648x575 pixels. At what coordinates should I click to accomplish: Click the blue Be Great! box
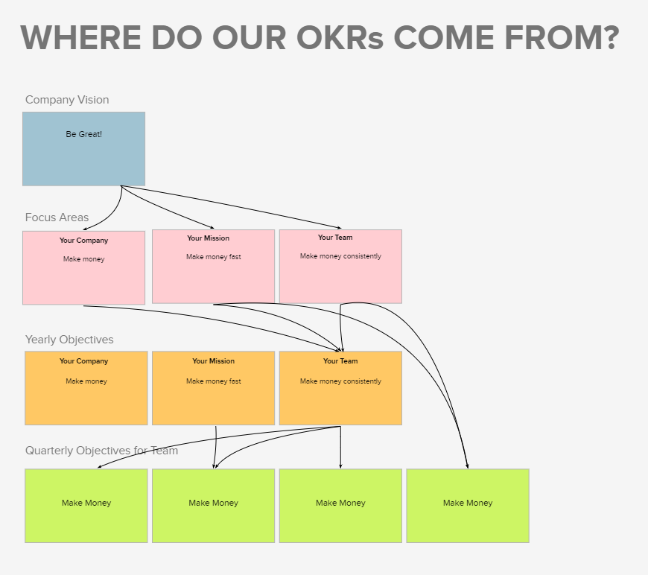click(x=84, y=149)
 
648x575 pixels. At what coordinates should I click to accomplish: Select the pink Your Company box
click(x=84, y=268)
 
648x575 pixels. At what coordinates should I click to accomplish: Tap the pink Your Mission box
click(x=213, y=267)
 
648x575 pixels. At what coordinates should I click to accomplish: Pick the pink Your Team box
click(x=340, y=267)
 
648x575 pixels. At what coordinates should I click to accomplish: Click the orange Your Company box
click(x=86, y=388)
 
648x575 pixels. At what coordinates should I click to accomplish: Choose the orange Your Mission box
click(x=213, y=388)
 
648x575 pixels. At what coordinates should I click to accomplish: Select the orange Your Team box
click(x=340, y=388)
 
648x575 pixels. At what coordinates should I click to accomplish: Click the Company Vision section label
click(x=67, y=100)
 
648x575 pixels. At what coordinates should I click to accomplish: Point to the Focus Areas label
click(x=57, y=217)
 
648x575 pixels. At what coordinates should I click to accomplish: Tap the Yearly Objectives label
click(x=69, y=340)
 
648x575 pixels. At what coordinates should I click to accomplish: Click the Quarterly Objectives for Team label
click(x=101, y=451)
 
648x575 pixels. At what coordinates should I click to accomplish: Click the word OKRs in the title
click(x=340, y=38)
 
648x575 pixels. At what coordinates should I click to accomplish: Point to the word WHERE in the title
click(x=81, y=38)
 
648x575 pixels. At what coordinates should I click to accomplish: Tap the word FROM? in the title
click(x=562, y=38)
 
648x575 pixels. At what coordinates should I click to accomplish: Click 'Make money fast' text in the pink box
click(x=213, y=257)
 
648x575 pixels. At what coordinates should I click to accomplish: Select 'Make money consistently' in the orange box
click(x=340, y=381)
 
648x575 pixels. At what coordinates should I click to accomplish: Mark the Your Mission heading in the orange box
click(x=213, y=361)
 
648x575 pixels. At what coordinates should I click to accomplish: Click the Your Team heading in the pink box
click(x=335, y=238)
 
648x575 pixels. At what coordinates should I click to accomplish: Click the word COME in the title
click(x=444, y=38)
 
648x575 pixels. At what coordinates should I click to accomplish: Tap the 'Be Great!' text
click(x=84, y=134)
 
